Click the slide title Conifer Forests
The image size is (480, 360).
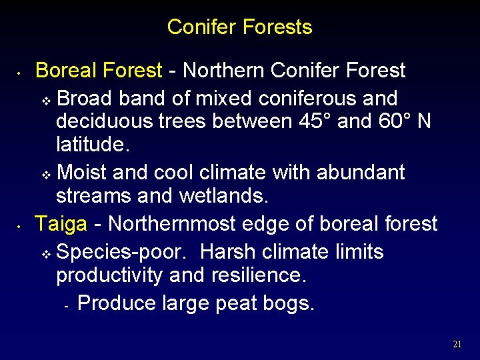[x=239, y=27]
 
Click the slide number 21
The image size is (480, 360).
[x=457, y=345]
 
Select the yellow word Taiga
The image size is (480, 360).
[x=61, y=224]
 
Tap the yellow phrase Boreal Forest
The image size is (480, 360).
[x=99, y=70]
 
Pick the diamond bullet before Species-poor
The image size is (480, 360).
[x=46, y=254]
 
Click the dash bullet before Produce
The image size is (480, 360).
[x=67, y=305]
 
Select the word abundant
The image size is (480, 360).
[x=361, y=173]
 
